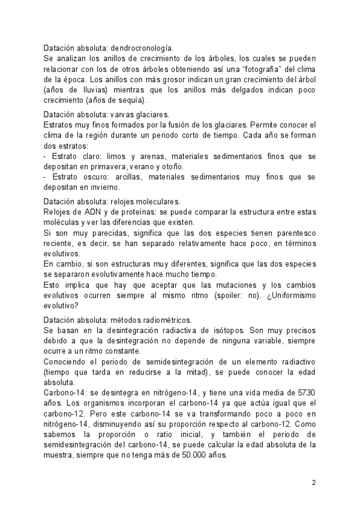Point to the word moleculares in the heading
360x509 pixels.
[160, 202]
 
